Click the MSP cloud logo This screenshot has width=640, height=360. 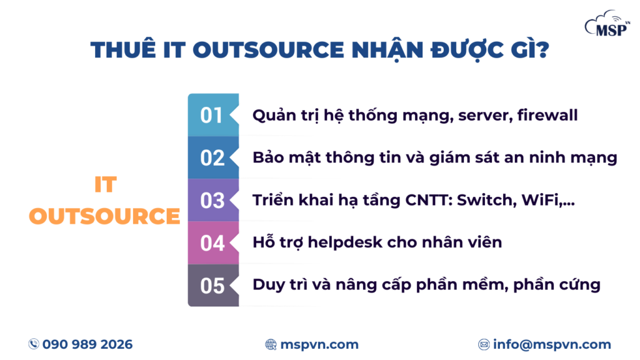click(x=607, y=24)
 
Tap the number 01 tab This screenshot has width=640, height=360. click(x=213, y=115)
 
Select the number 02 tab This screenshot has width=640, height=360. click(x=213, y=157)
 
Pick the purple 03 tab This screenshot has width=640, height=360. click(x=213, y=200)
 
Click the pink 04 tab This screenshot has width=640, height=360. click(x=213, y=243)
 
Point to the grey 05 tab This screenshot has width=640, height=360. click(x=213, y=285)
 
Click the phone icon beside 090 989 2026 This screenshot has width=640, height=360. click(x=34, y=344)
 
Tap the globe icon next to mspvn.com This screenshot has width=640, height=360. click(x=271, y=344)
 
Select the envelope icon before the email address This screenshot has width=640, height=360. click(x=484, y=344)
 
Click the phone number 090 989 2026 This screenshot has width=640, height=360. click(x=87, y=344)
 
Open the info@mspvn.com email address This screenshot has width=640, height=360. click(x=552, y=344)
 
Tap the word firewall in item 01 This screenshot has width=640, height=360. click(x=547, y=115)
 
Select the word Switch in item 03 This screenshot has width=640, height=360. click(x=484, y=201)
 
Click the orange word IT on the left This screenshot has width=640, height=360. click(x=105, y=184)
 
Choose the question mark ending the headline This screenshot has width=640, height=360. click(x=542, y=50)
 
